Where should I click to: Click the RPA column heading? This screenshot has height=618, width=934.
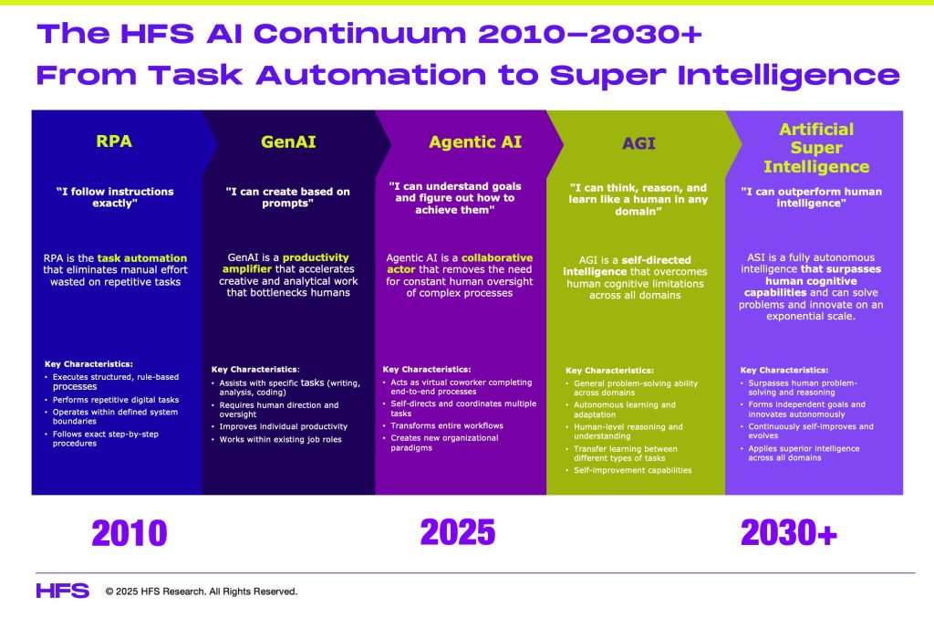point(114,141)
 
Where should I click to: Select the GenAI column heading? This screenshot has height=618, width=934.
point(288,141)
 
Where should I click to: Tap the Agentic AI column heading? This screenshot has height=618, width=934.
point(475,141)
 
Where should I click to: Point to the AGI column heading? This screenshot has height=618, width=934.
point(638,143)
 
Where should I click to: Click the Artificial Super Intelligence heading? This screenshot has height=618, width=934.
point(816,148)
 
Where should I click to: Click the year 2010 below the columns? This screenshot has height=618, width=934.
point(130,533)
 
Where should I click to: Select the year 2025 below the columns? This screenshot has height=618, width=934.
point(458,532)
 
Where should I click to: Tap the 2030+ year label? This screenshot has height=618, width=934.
point(789,533)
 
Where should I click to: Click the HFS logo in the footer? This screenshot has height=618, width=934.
point(63,591)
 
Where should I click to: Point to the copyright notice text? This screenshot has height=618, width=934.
point(202,592)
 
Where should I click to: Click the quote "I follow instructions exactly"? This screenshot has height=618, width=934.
point(115,197)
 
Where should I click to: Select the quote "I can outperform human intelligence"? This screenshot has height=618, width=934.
point(811,197)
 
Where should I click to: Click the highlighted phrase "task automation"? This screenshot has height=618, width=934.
point(141,258)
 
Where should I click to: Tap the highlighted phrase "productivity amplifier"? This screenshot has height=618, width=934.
point(285,263)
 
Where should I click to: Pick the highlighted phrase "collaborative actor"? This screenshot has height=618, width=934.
point(460,264)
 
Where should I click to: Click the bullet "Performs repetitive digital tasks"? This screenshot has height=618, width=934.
point(116,400)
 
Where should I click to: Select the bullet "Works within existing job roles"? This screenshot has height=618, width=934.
point(281,439)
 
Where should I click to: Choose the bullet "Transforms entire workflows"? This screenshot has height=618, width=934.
point(447,425)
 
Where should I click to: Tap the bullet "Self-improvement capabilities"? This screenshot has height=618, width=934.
point(633,470)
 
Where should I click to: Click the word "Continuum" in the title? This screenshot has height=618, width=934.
point(359,34)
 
